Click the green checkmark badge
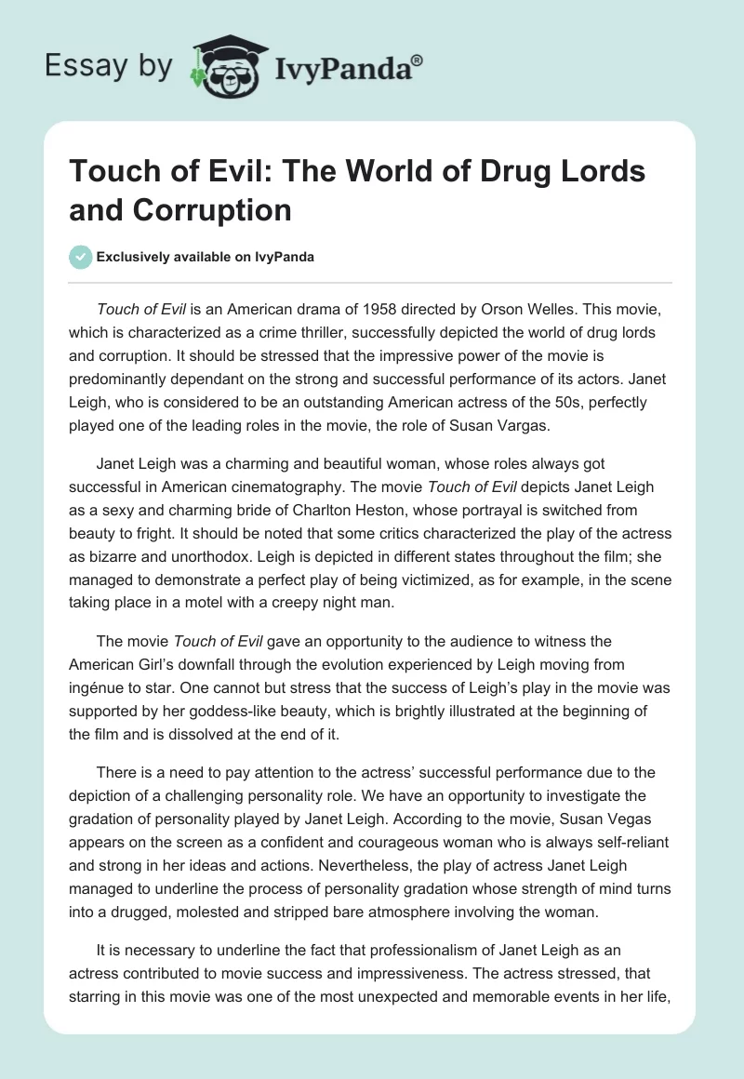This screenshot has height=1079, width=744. point(80,257)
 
